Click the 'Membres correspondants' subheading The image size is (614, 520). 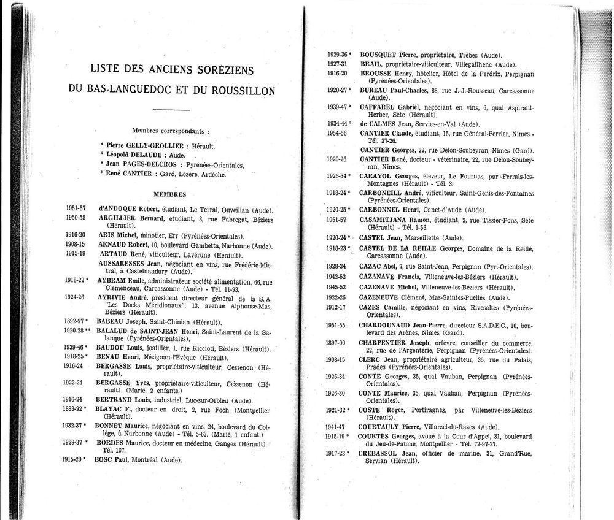coord(170,131)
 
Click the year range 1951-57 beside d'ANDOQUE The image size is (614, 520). coord(76,208)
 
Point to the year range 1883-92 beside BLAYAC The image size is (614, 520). coord(76,408)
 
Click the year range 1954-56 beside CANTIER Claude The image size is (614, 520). coord(337,133)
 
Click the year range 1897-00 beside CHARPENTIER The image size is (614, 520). coord(337,343)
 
